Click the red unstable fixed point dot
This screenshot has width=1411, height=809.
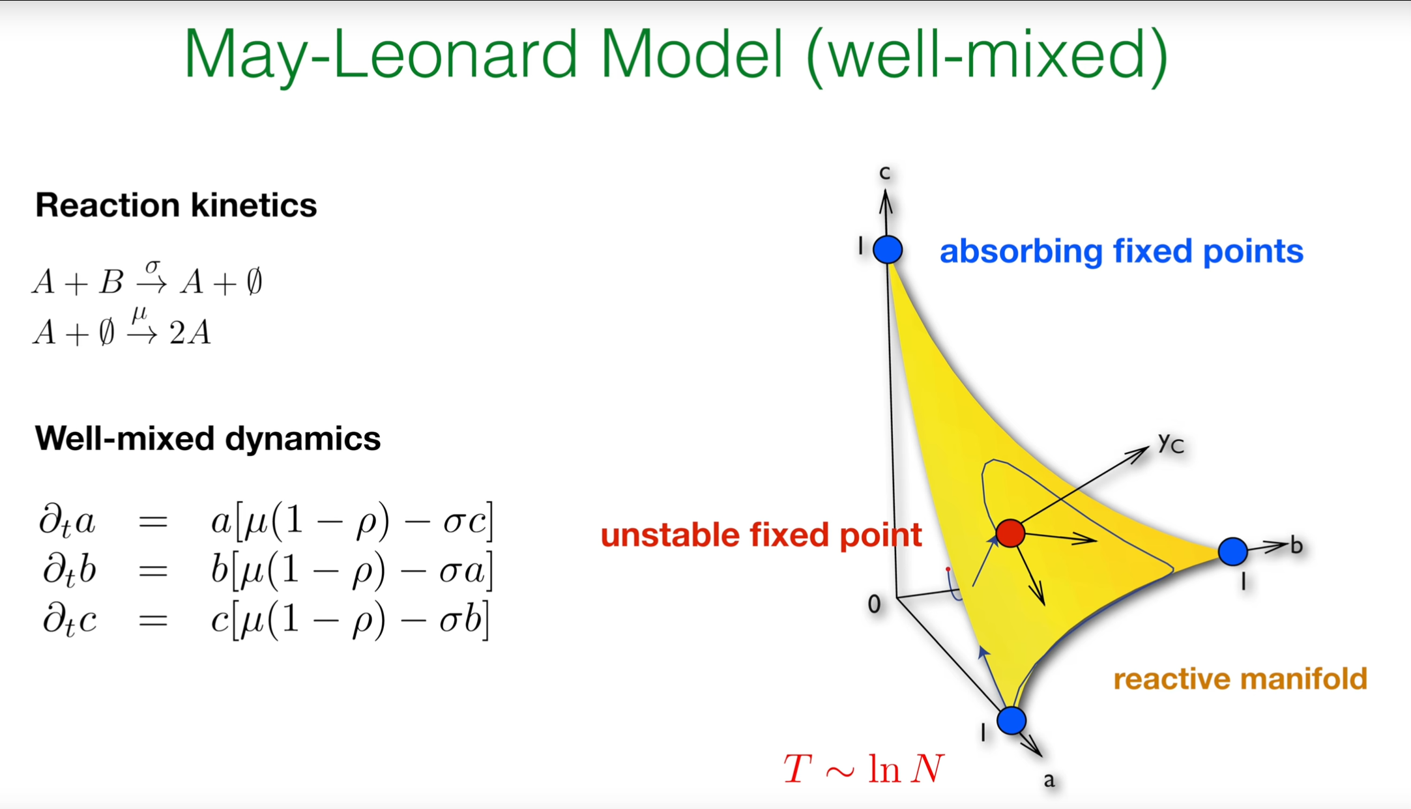pos(1010,533)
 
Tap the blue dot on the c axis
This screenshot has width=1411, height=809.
pos(888,249)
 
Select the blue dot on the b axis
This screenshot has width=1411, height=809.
pos(1232,552)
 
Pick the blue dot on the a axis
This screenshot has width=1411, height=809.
pos(1011,720)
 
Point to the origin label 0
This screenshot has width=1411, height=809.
pos(875,604)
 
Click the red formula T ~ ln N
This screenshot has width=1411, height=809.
pos(864,769)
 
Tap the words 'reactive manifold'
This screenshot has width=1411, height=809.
pos(1240,679)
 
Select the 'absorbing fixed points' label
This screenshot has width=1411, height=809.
pos(1121,251)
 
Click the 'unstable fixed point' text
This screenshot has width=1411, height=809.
pos(761,535)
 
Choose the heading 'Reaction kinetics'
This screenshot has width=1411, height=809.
pos(176,205)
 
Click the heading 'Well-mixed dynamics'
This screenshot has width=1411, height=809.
pos(208,438)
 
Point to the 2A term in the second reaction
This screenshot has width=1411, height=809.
pos(190,333)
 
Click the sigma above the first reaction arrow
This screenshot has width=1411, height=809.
pos(153,266)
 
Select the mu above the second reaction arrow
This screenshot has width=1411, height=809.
pos(139,315)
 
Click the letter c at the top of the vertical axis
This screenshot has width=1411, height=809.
pos(884,173)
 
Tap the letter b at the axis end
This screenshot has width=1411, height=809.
pos(1296,545)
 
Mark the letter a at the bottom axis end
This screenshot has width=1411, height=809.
pos(1049,780)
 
